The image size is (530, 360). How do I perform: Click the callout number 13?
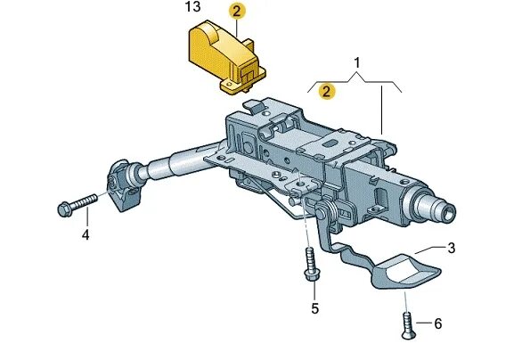192,8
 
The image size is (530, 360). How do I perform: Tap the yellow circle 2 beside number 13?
236,12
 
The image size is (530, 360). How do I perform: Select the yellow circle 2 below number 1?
328,90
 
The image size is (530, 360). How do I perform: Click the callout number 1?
357,63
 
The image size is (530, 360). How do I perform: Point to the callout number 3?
452,248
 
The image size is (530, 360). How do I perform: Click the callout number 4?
86,235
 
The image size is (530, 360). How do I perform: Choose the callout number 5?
314,308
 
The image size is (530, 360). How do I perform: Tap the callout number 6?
437,323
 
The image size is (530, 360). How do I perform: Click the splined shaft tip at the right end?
443,213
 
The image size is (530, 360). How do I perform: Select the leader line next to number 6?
422,323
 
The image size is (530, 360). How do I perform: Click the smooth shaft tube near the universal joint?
174,164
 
